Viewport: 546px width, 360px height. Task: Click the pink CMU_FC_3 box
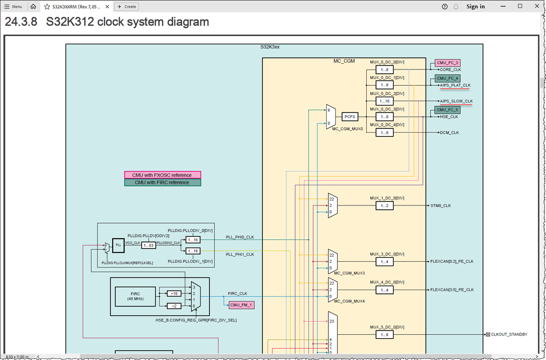448,63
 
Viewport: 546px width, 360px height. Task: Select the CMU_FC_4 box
448,78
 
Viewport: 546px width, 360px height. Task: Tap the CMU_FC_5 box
448,110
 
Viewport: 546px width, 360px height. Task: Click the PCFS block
350,116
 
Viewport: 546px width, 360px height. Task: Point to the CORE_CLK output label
450,70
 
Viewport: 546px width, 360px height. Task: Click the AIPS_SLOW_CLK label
456,101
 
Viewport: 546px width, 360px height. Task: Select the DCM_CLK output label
449,133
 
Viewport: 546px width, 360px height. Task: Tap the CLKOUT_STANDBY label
509,334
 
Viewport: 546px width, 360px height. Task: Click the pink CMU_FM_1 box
241,305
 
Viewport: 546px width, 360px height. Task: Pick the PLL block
118,245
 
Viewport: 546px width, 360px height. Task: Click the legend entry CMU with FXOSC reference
162,175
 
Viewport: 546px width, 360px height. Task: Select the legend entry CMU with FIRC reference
162,182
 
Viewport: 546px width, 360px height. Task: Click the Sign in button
475,7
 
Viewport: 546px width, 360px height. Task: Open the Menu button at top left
13,7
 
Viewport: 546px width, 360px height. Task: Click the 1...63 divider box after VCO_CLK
149,245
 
